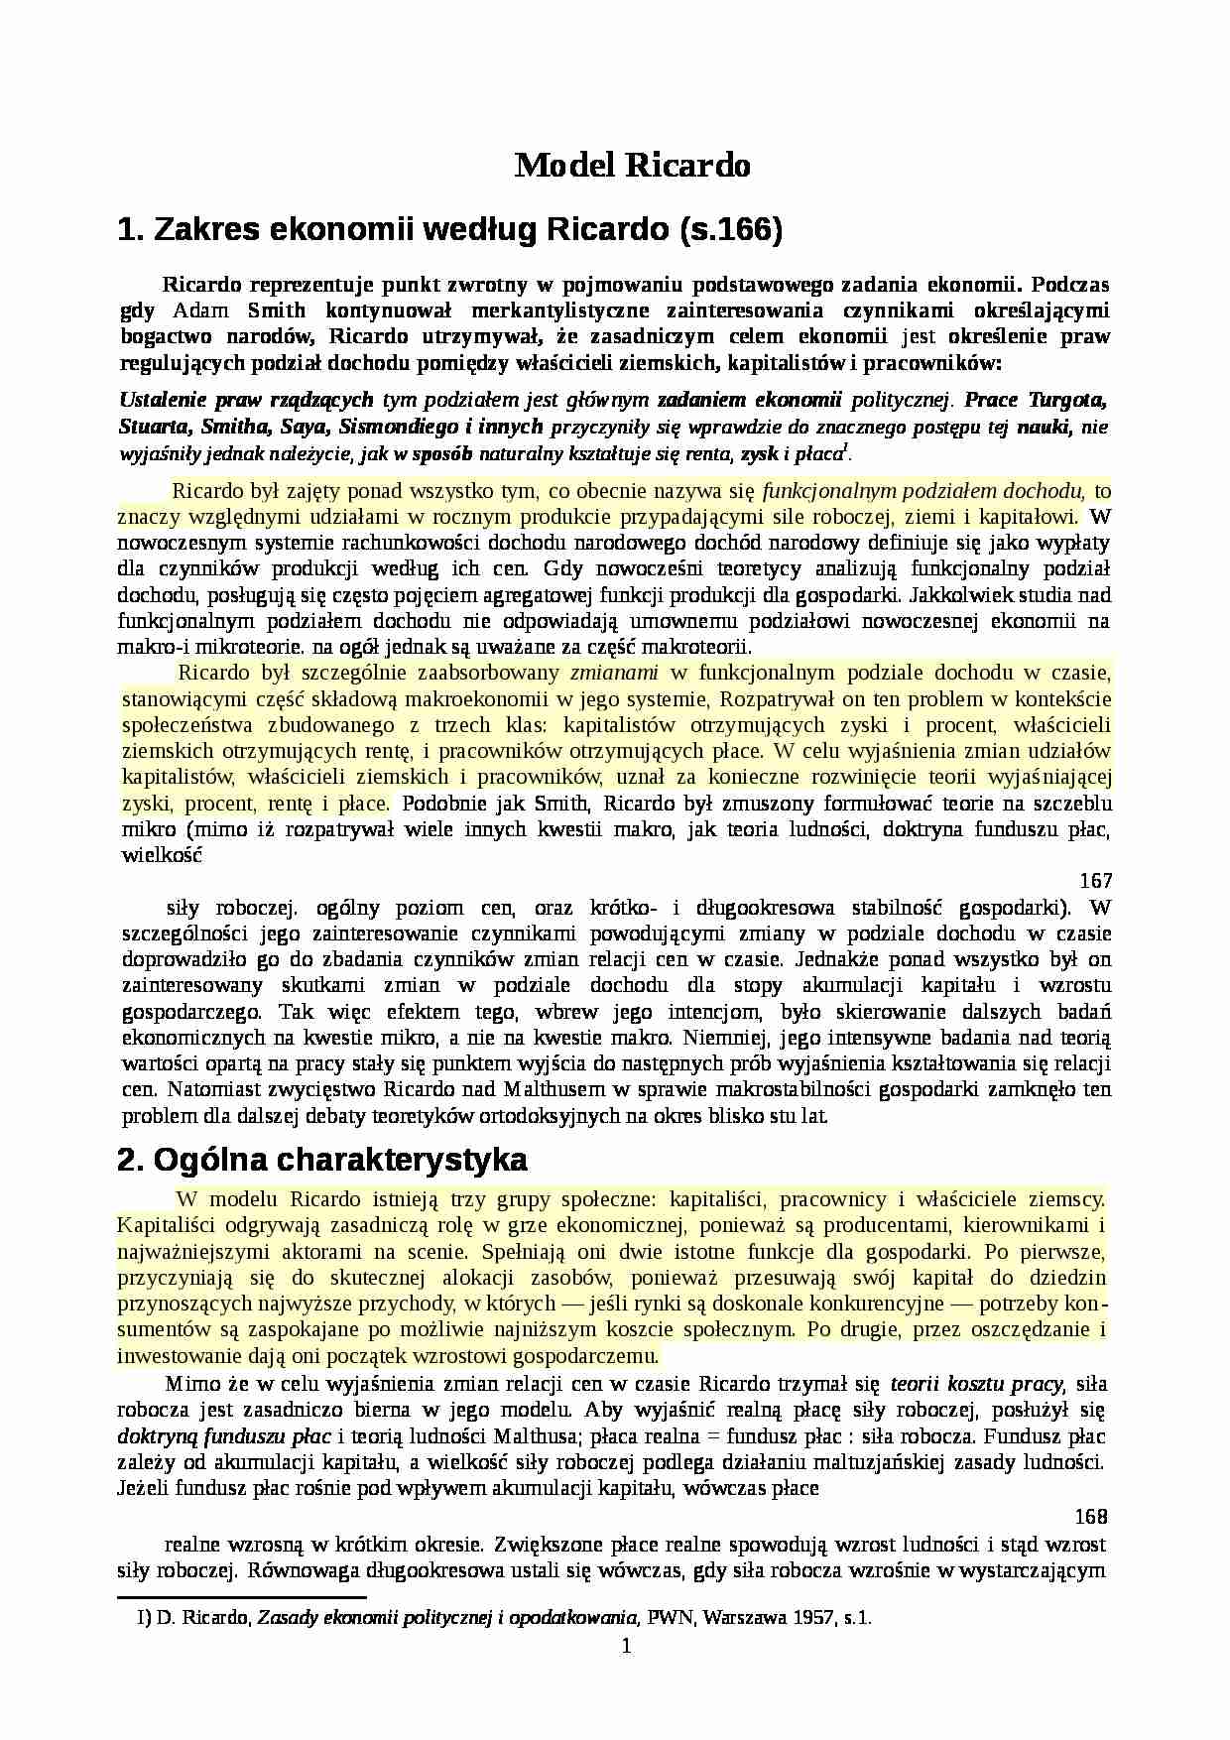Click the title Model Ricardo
click(632, 165)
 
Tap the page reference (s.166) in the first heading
click(731, 231)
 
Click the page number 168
click(1091, 1517)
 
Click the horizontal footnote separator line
click(242, 1598)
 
